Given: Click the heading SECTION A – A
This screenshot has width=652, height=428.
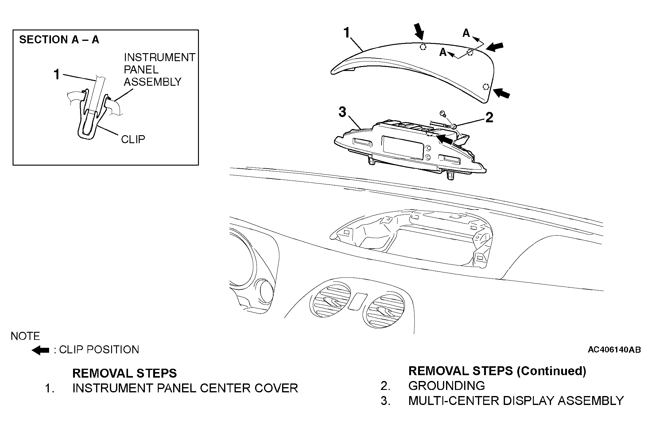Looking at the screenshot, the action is [59, 40].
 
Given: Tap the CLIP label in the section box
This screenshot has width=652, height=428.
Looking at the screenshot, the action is [133, 139].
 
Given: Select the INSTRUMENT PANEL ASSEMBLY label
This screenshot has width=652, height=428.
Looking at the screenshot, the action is [159, 70].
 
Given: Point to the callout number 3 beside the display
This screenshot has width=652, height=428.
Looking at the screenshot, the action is [342, 112].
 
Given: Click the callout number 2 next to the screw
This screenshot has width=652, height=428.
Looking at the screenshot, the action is [489, 118].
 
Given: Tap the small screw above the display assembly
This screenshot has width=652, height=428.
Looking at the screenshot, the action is [443, 114].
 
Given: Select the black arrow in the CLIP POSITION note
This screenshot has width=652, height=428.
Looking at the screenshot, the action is [40, 350].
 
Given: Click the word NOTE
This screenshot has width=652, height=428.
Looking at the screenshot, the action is [25, 336].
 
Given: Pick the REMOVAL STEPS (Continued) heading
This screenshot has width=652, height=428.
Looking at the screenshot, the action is [497, 371].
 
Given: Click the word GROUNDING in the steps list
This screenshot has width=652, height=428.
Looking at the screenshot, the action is [446, 386].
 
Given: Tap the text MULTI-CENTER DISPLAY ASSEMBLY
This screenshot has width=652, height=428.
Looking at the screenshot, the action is [516, 401].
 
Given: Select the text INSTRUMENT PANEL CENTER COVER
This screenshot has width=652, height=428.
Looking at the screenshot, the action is [185, 388].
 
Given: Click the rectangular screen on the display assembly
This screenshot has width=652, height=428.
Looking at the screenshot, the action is [402, 147].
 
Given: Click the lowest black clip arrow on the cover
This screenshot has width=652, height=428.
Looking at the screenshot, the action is [501, 93].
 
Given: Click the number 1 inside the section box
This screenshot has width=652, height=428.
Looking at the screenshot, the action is [57, 75].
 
